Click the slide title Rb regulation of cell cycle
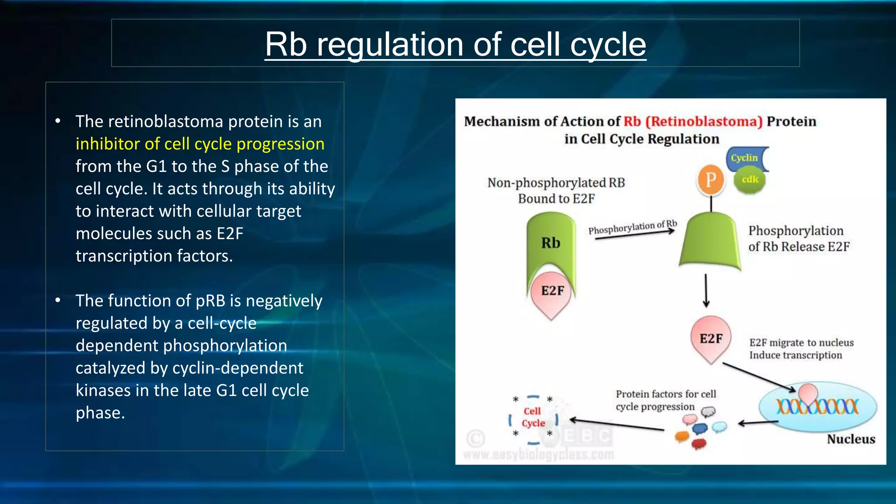pos(455,44)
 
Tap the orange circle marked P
pos(710,180)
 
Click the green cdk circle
pos(749,180)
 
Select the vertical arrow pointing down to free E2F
pos(706,290)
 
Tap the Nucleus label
pos(850,439)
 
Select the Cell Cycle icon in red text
pos(533,417)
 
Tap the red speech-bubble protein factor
pos(699,444)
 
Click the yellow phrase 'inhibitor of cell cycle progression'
pos(200,144)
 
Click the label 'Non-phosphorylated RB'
pos(556,183)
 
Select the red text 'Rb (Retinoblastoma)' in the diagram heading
pos(693,121)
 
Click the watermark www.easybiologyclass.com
pos(538,455)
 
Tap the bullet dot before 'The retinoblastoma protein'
pos(58,121)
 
